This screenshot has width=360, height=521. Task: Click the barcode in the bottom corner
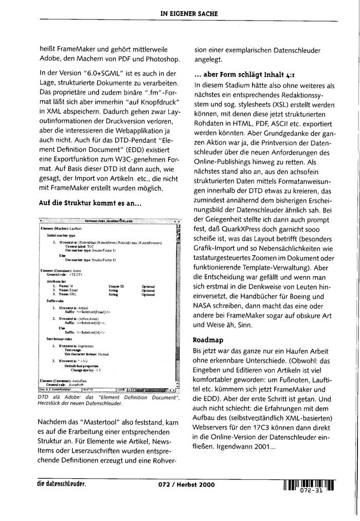[308, 483]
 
